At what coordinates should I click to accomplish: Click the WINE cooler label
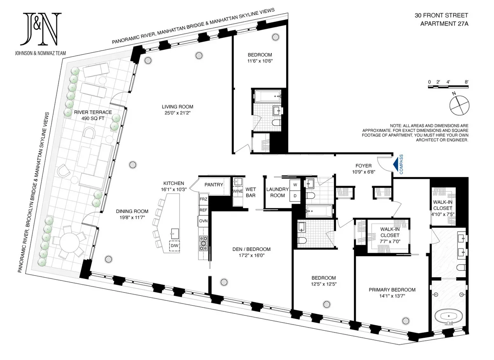click(x=238, y=191)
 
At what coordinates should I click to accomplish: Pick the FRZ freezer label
click(x=203, y=199)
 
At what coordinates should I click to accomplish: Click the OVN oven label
click(x=203, y=220)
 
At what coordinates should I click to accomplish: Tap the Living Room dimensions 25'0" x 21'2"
click(x=177, y=112)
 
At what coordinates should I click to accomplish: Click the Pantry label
click(x=213, y=185)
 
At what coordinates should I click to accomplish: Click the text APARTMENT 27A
click(x=444, y=24)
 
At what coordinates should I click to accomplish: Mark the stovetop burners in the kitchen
click(x=203, y=243)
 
